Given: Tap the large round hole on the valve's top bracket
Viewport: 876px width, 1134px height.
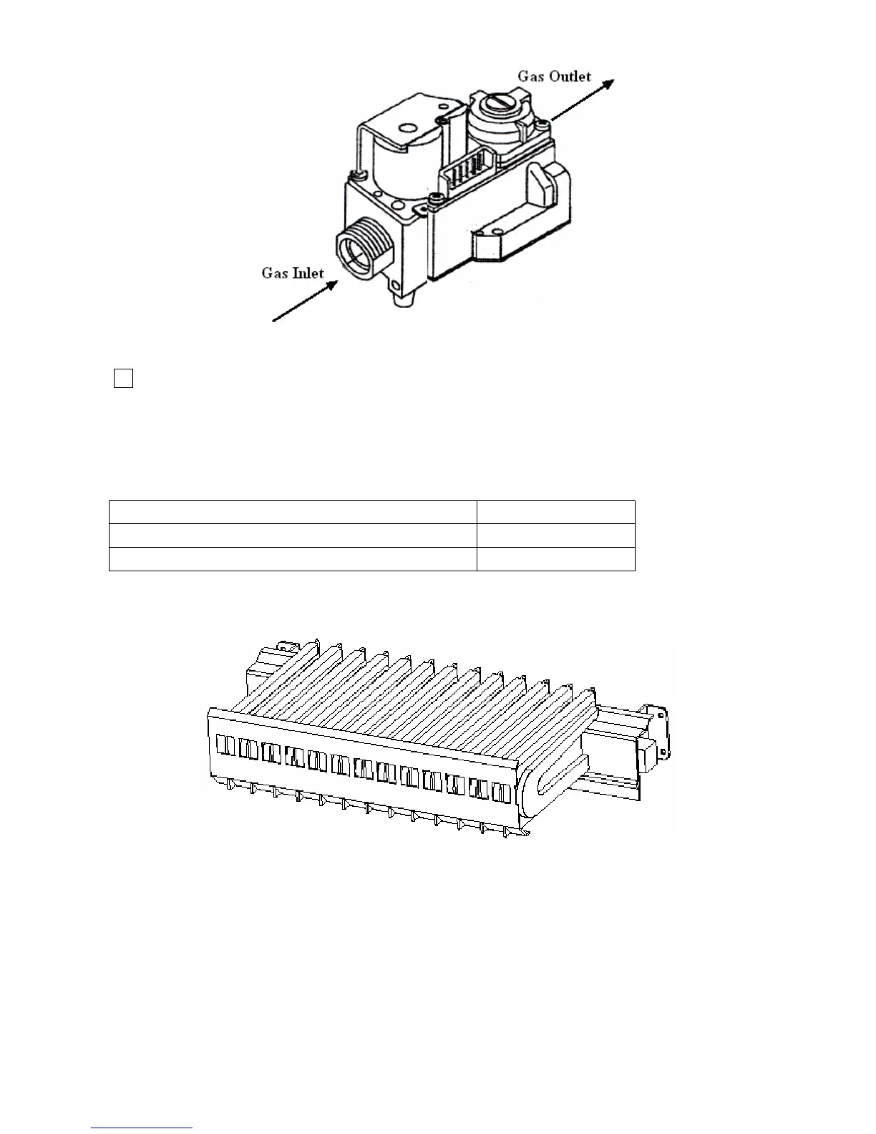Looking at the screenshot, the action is [409, 129].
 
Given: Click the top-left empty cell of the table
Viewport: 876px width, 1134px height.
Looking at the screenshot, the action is [293, 512].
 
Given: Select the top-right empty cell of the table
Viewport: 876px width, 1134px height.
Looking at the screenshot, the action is [556, 512].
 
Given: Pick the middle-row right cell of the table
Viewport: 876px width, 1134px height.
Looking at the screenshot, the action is [556, 535].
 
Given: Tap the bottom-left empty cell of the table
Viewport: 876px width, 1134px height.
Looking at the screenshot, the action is [293, 558].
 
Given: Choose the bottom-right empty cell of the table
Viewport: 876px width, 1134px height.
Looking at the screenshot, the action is [556, 558].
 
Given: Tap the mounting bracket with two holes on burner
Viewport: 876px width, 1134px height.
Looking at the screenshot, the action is [657, 730].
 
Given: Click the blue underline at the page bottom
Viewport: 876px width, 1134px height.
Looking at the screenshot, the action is [142, 1128].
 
